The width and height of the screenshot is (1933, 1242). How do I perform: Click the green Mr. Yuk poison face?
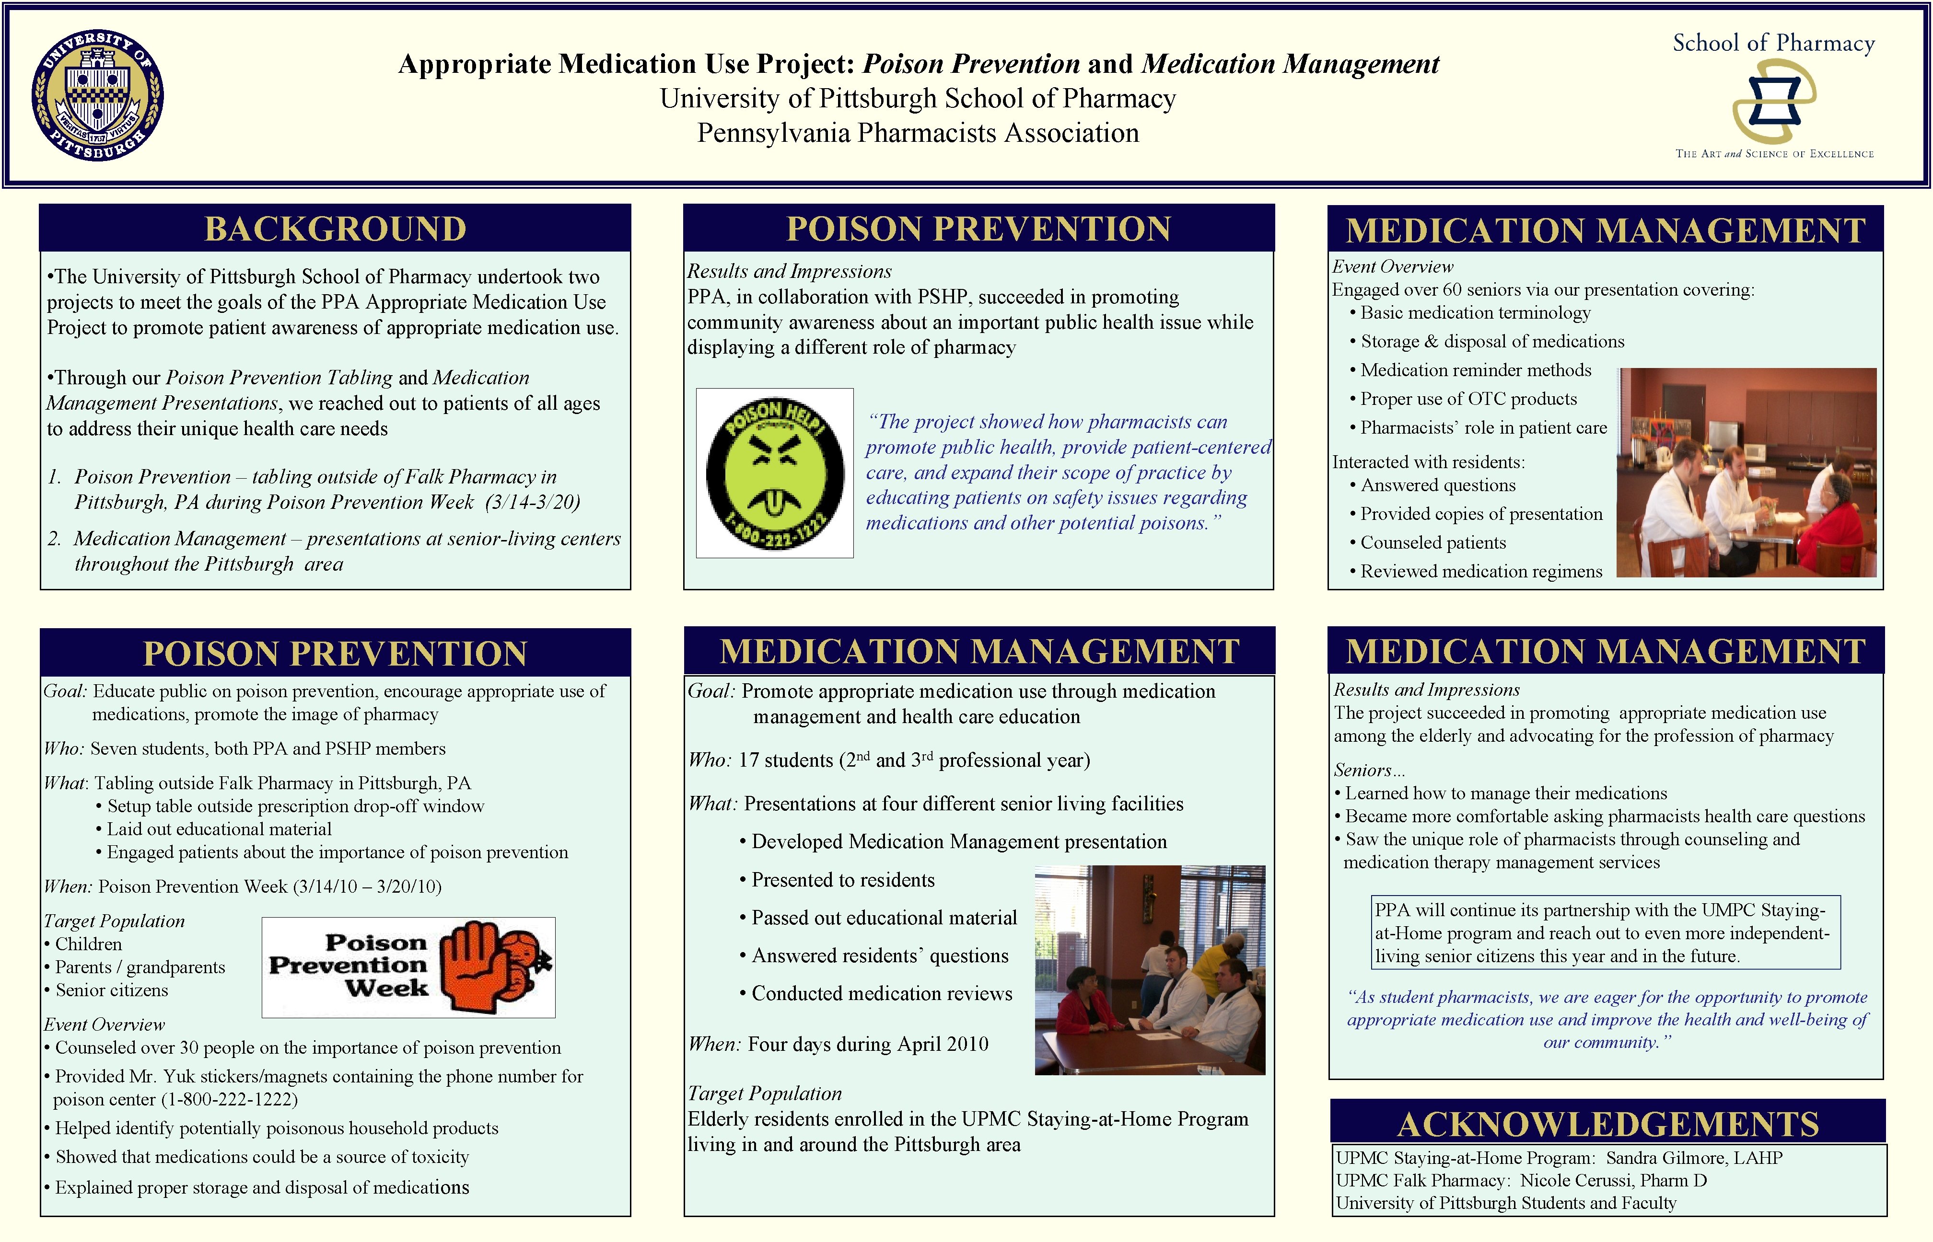(774, 473)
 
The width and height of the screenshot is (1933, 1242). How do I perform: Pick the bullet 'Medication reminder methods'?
(1476, 370)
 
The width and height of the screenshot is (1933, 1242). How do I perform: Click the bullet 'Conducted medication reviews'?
(881, 994)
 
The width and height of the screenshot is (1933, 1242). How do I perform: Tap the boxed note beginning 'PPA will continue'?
(1606, 933)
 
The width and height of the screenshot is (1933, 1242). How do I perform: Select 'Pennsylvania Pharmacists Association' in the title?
(918, 133)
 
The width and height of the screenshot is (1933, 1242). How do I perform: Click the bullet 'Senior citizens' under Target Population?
(111, 990)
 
